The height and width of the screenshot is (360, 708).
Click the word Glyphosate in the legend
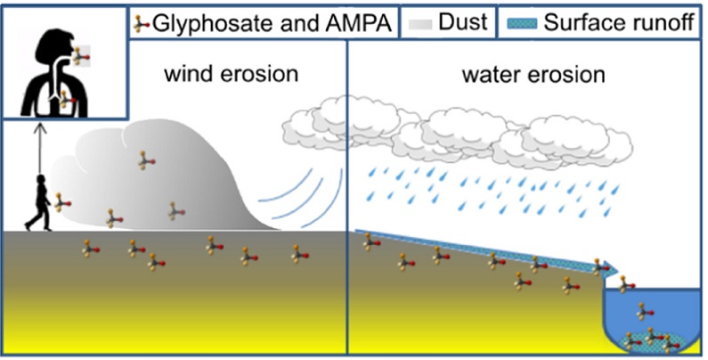point(198,22)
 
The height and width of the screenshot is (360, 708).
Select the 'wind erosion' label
point(231,73)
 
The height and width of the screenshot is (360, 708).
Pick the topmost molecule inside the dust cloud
point(144,160)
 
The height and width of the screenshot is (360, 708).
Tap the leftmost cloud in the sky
point(325,125)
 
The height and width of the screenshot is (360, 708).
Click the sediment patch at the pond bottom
point(649,340)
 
